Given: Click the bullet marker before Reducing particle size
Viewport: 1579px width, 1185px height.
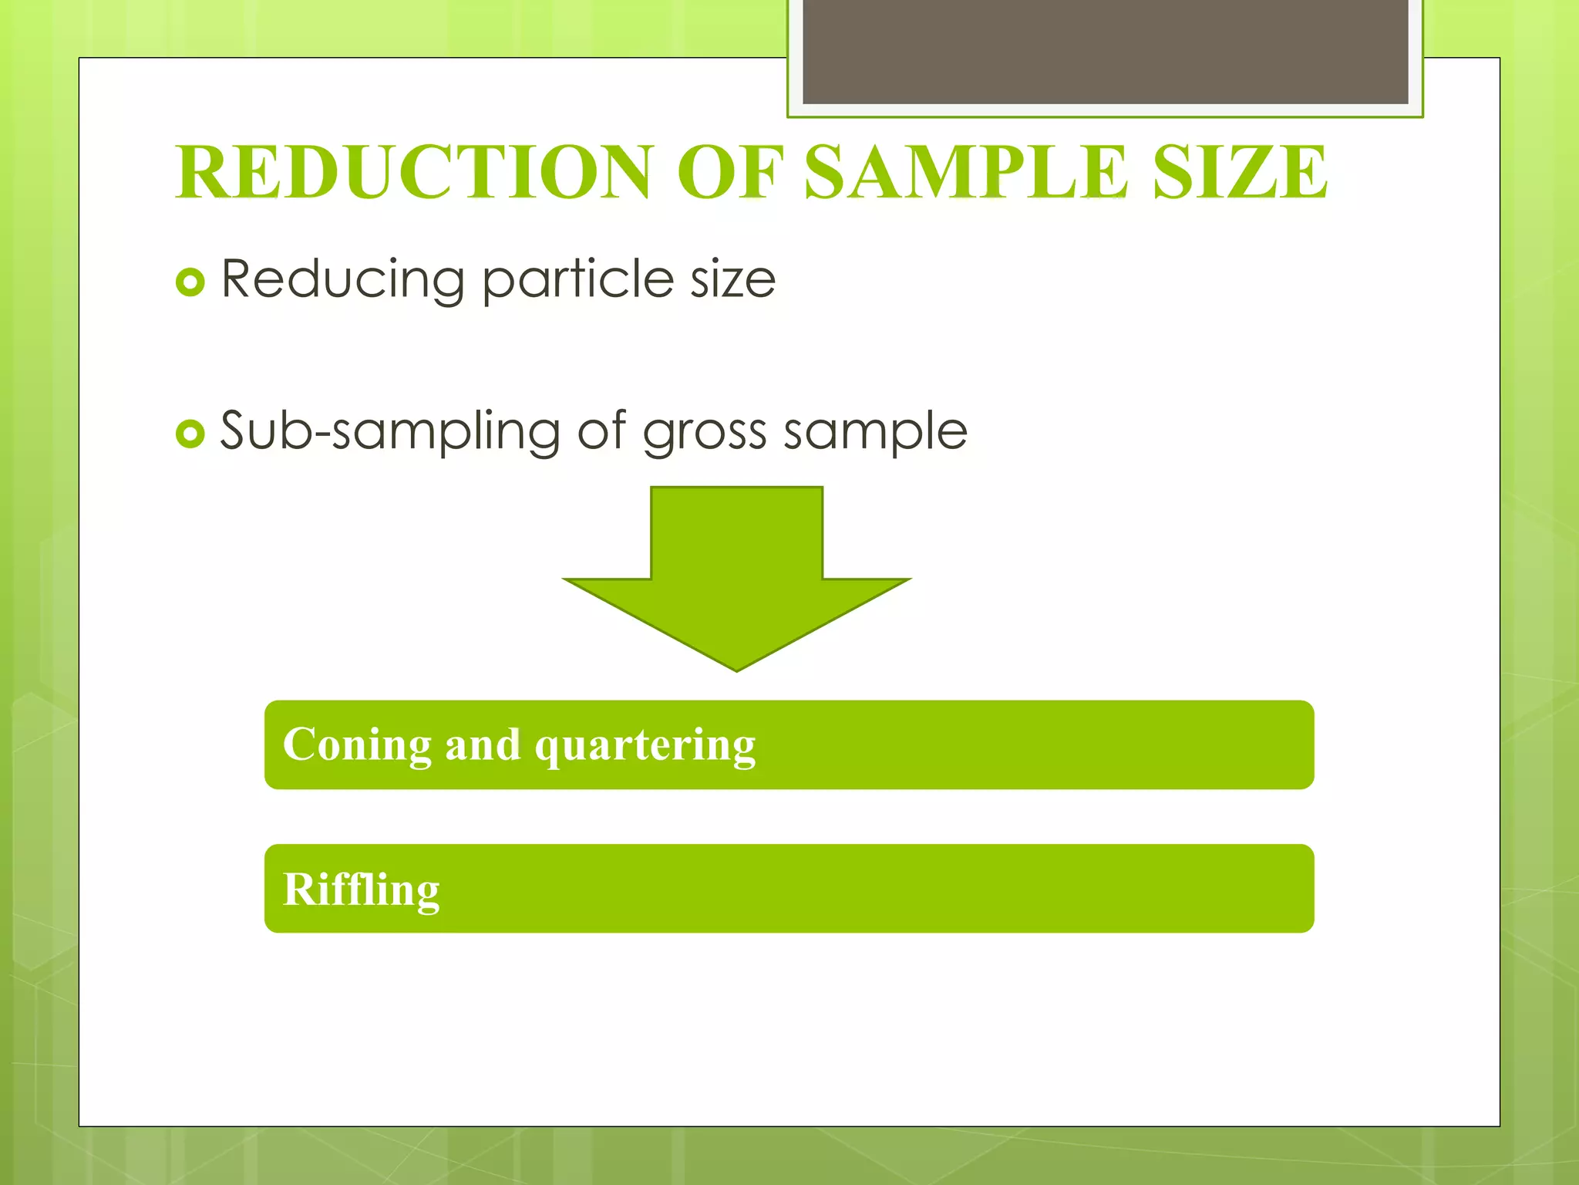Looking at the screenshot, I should pos(190,282).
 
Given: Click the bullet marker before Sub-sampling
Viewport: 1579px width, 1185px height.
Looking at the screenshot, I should pos(190,434).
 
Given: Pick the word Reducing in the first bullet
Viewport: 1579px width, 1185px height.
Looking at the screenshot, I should pos(342,279).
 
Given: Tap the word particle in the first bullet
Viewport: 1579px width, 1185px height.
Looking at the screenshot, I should pos(577,279).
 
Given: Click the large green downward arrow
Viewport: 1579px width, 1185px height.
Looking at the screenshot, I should pos(737,571).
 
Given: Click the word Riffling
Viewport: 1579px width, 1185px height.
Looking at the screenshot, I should pos(361,890).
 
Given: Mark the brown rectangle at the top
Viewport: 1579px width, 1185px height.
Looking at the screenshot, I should pos(1105,51).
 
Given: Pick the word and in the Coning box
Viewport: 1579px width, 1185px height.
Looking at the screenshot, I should pos(483,744).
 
